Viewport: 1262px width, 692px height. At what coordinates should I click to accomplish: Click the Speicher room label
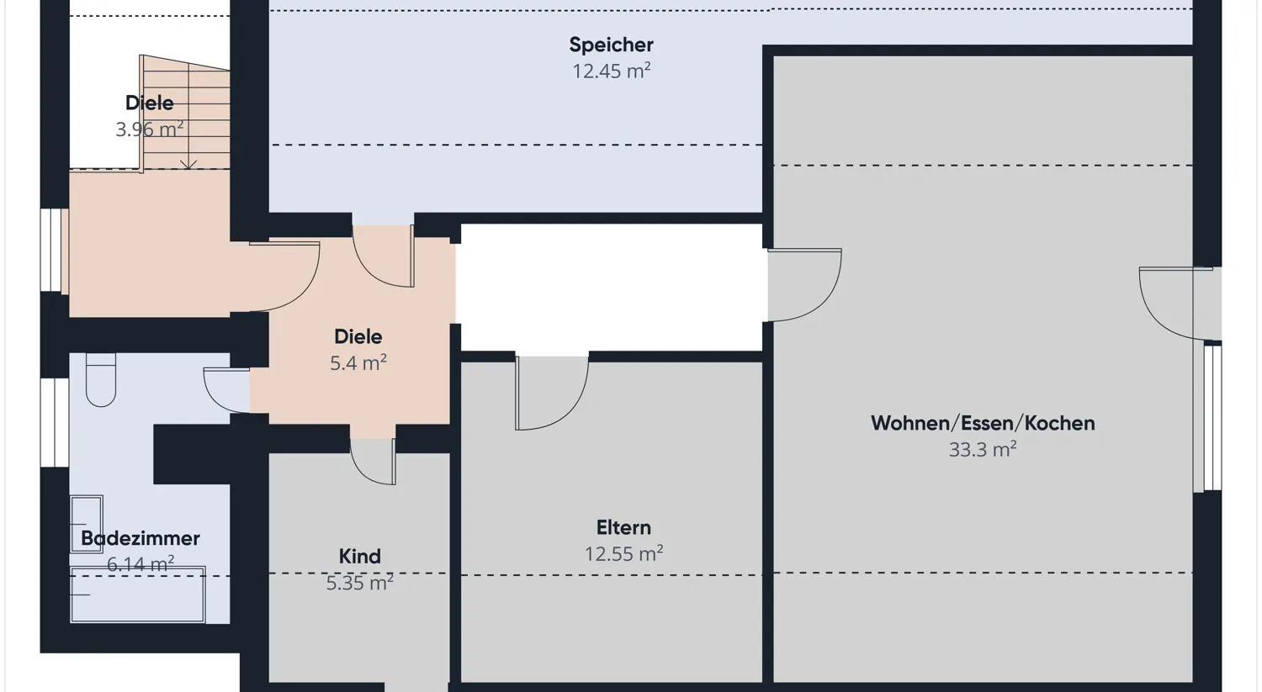click(611, 45)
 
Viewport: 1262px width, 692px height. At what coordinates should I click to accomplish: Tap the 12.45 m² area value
click(611, 71)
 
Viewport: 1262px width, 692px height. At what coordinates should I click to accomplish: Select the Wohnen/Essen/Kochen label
click(982, 423)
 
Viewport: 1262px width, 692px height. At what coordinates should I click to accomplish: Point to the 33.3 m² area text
click(982, 450)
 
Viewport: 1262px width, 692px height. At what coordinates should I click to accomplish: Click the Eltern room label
click(623, 527)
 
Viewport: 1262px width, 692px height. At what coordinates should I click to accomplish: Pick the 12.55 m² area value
click(623, 554)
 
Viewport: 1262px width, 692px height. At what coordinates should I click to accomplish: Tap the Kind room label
click(359, 556)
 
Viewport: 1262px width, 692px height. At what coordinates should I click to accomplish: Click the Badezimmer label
click(140, 538)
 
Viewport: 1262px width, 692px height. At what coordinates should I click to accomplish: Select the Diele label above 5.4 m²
click(358, 336)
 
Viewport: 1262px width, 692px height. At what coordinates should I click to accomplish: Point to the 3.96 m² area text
click(149, 129)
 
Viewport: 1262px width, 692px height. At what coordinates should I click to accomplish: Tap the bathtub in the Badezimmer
click(137, 595)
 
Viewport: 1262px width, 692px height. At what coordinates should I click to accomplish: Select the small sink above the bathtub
click(86, 524)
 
